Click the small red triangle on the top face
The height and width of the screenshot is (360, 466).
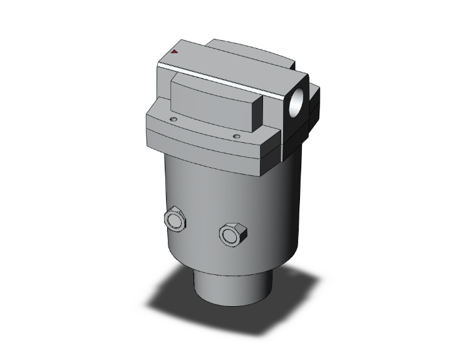175,53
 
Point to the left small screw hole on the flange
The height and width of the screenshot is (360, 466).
173,118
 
